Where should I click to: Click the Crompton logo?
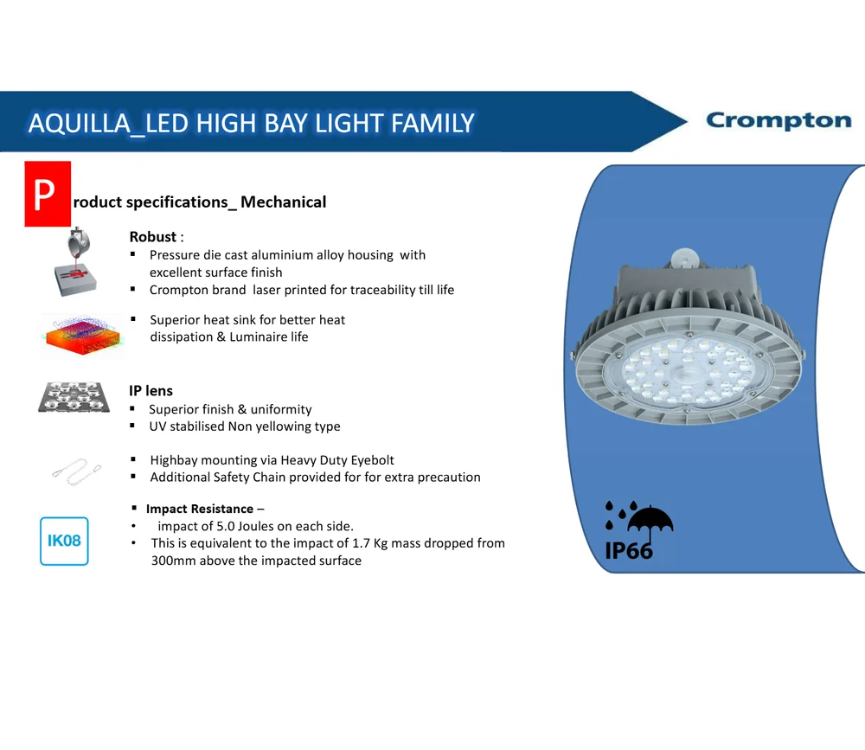pos(778,120)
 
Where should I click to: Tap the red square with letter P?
pos(48,194)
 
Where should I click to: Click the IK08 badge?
pos(64,541)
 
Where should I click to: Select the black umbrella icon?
pos(650,525)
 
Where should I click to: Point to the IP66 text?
pos(628,551)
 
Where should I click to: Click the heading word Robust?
pos(153,237)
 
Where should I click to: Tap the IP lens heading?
pos(151,391)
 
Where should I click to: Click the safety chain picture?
pos(77,471)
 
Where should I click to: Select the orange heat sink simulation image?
pos(82,335)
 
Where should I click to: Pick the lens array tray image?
pos(74,397)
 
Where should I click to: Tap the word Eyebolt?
pos(372,460)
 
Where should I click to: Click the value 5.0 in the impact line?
pos(226,526)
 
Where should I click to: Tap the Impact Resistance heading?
pos(199,509)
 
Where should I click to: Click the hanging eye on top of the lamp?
pos(684,256)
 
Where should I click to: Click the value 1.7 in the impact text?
pos(361,543)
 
